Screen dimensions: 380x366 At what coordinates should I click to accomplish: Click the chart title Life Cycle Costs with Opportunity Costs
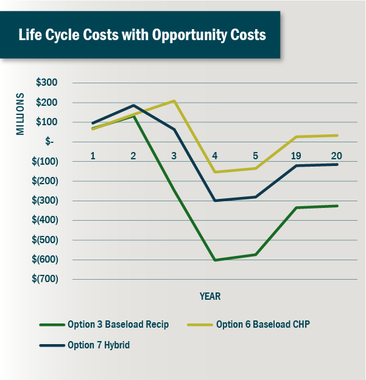tap(142, 35)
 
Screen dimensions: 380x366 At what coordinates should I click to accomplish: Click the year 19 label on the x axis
tap(296, 156)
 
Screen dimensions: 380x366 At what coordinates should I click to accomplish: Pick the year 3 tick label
tap(174, 156)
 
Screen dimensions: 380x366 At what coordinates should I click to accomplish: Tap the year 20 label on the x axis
tap(337, 156)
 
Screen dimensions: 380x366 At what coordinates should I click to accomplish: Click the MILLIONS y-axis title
tap(21, 113)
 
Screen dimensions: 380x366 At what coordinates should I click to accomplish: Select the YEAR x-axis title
tap(210, 297)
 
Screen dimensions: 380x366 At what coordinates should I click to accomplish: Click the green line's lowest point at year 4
tap(215, 260)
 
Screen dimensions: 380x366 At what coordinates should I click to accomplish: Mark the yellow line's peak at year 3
tap(174, 101)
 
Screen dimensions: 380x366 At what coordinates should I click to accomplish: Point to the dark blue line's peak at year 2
tap(133, 106)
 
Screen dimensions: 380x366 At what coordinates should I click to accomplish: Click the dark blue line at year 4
tap(215, 201)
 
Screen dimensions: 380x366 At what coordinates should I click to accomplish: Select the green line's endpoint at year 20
tap(337, 206)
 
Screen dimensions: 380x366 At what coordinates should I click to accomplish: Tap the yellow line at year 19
tap(296, 137)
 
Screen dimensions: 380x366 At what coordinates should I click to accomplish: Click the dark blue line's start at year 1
tap(93, 123)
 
